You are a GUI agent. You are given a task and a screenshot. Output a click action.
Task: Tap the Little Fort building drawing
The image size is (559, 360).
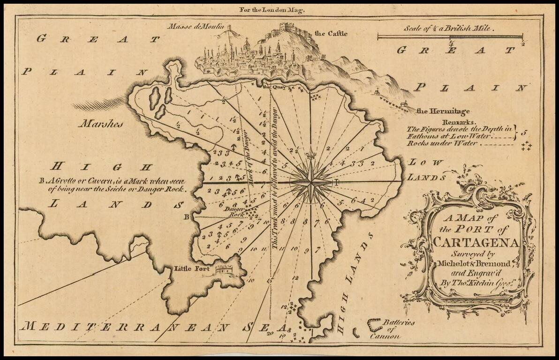224,269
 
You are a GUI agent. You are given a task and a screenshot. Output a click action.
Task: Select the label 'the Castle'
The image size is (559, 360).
332,34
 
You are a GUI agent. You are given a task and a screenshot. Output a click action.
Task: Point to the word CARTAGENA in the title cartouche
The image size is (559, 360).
476,242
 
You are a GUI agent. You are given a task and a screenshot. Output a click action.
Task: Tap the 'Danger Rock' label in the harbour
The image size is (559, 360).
234,211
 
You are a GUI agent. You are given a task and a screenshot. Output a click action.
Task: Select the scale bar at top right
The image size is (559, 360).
450,36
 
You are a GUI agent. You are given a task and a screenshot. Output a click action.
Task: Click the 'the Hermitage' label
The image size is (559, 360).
443,112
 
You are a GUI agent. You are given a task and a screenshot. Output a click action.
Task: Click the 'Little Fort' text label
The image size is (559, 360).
190,269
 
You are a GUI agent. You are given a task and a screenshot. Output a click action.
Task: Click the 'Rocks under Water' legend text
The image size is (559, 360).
444,143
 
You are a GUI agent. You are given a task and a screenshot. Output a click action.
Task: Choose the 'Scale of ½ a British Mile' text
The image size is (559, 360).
450,28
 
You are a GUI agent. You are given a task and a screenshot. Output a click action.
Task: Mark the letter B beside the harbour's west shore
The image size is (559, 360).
186,217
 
